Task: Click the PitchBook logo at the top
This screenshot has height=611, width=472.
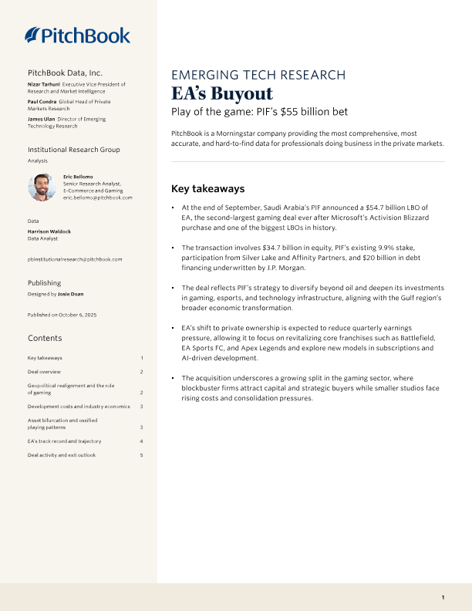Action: point(77,35)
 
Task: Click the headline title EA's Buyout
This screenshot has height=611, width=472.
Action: point(221,94)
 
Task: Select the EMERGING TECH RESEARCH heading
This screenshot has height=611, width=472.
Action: point(258,75)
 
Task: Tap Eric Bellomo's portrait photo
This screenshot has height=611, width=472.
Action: point(42,187)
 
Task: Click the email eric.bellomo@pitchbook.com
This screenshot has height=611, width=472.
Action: point(98,197)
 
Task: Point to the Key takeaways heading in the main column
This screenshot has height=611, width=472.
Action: point(207,188)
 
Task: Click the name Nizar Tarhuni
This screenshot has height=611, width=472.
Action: point(43,83)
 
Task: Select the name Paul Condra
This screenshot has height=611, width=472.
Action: point(42,101)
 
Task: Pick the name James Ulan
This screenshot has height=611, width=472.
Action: point(42,119)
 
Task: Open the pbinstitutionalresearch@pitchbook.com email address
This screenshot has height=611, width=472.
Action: point(75,259)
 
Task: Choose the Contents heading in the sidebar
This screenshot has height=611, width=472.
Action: point(45,339)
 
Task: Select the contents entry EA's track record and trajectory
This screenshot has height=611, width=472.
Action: point(64,441)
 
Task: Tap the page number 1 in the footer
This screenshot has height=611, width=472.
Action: point(443,597)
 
